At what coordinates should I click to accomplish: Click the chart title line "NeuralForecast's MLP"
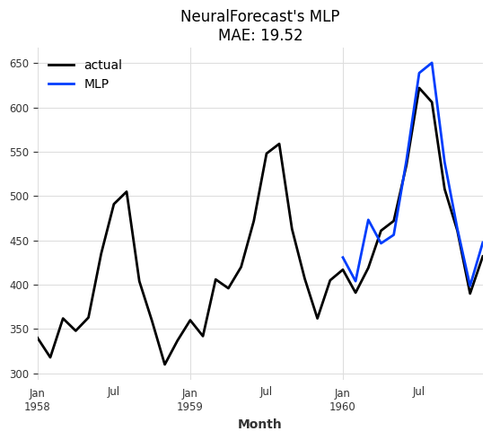[259, 16]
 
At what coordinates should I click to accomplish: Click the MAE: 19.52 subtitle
[259, 35]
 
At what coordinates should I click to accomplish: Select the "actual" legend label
[102, 66]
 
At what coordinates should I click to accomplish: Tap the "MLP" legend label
[96, 84]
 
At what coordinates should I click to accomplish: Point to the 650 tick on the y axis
[19, 64]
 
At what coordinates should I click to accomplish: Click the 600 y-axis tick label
[19, 108]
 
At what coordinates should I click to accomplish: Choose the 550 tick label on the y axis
[19, 153]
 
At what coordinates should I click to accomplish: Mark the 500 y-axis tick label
[19, 197]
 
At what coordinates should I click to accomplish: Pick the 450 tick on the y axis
[19, 241]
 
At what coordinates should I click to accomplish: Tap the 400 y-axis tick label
[19, 286]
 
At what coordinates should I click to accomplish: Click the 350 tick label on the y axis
[19, 330]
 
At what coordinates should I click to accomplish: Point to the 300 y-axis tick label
[19, 374]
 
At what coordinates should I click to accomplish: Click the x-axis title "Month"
[259, 425]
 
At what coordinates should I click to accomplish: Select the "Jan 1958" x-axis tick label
[38, 400]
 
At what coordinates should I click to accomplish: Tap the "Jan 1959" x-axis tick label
[190, 400]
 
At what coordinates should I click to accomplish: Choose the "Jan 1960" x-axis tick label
[343, 400]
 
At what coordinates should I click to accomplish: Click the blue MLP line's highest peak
[432, 63]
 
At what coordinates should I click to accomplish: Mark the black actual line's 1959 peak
[279, 144]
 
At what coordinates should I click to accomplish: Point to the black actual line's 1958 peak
[127, 191]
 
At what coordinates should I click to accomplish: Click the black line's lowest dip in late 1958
[164, 365]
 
